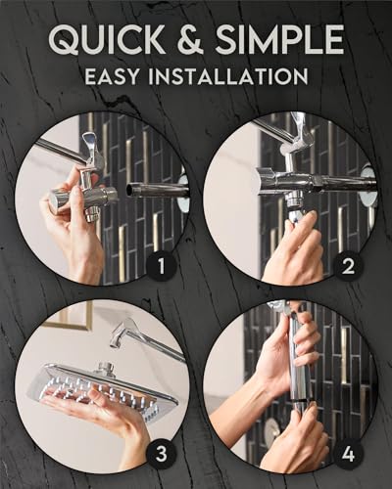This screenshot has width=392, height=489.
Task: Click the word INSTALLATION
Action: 238,75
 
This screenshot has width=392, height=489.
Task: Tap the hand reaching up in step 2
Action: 294,249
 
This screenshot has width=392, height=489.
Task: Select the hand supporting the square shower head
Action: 118,421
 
